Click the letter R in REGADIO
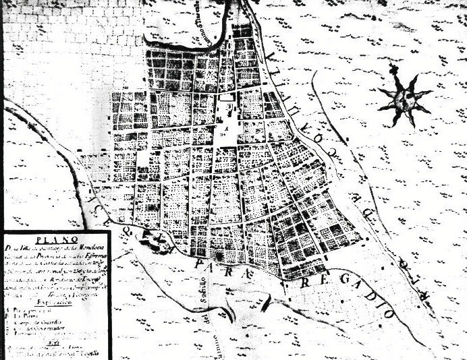coord(304,280)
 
